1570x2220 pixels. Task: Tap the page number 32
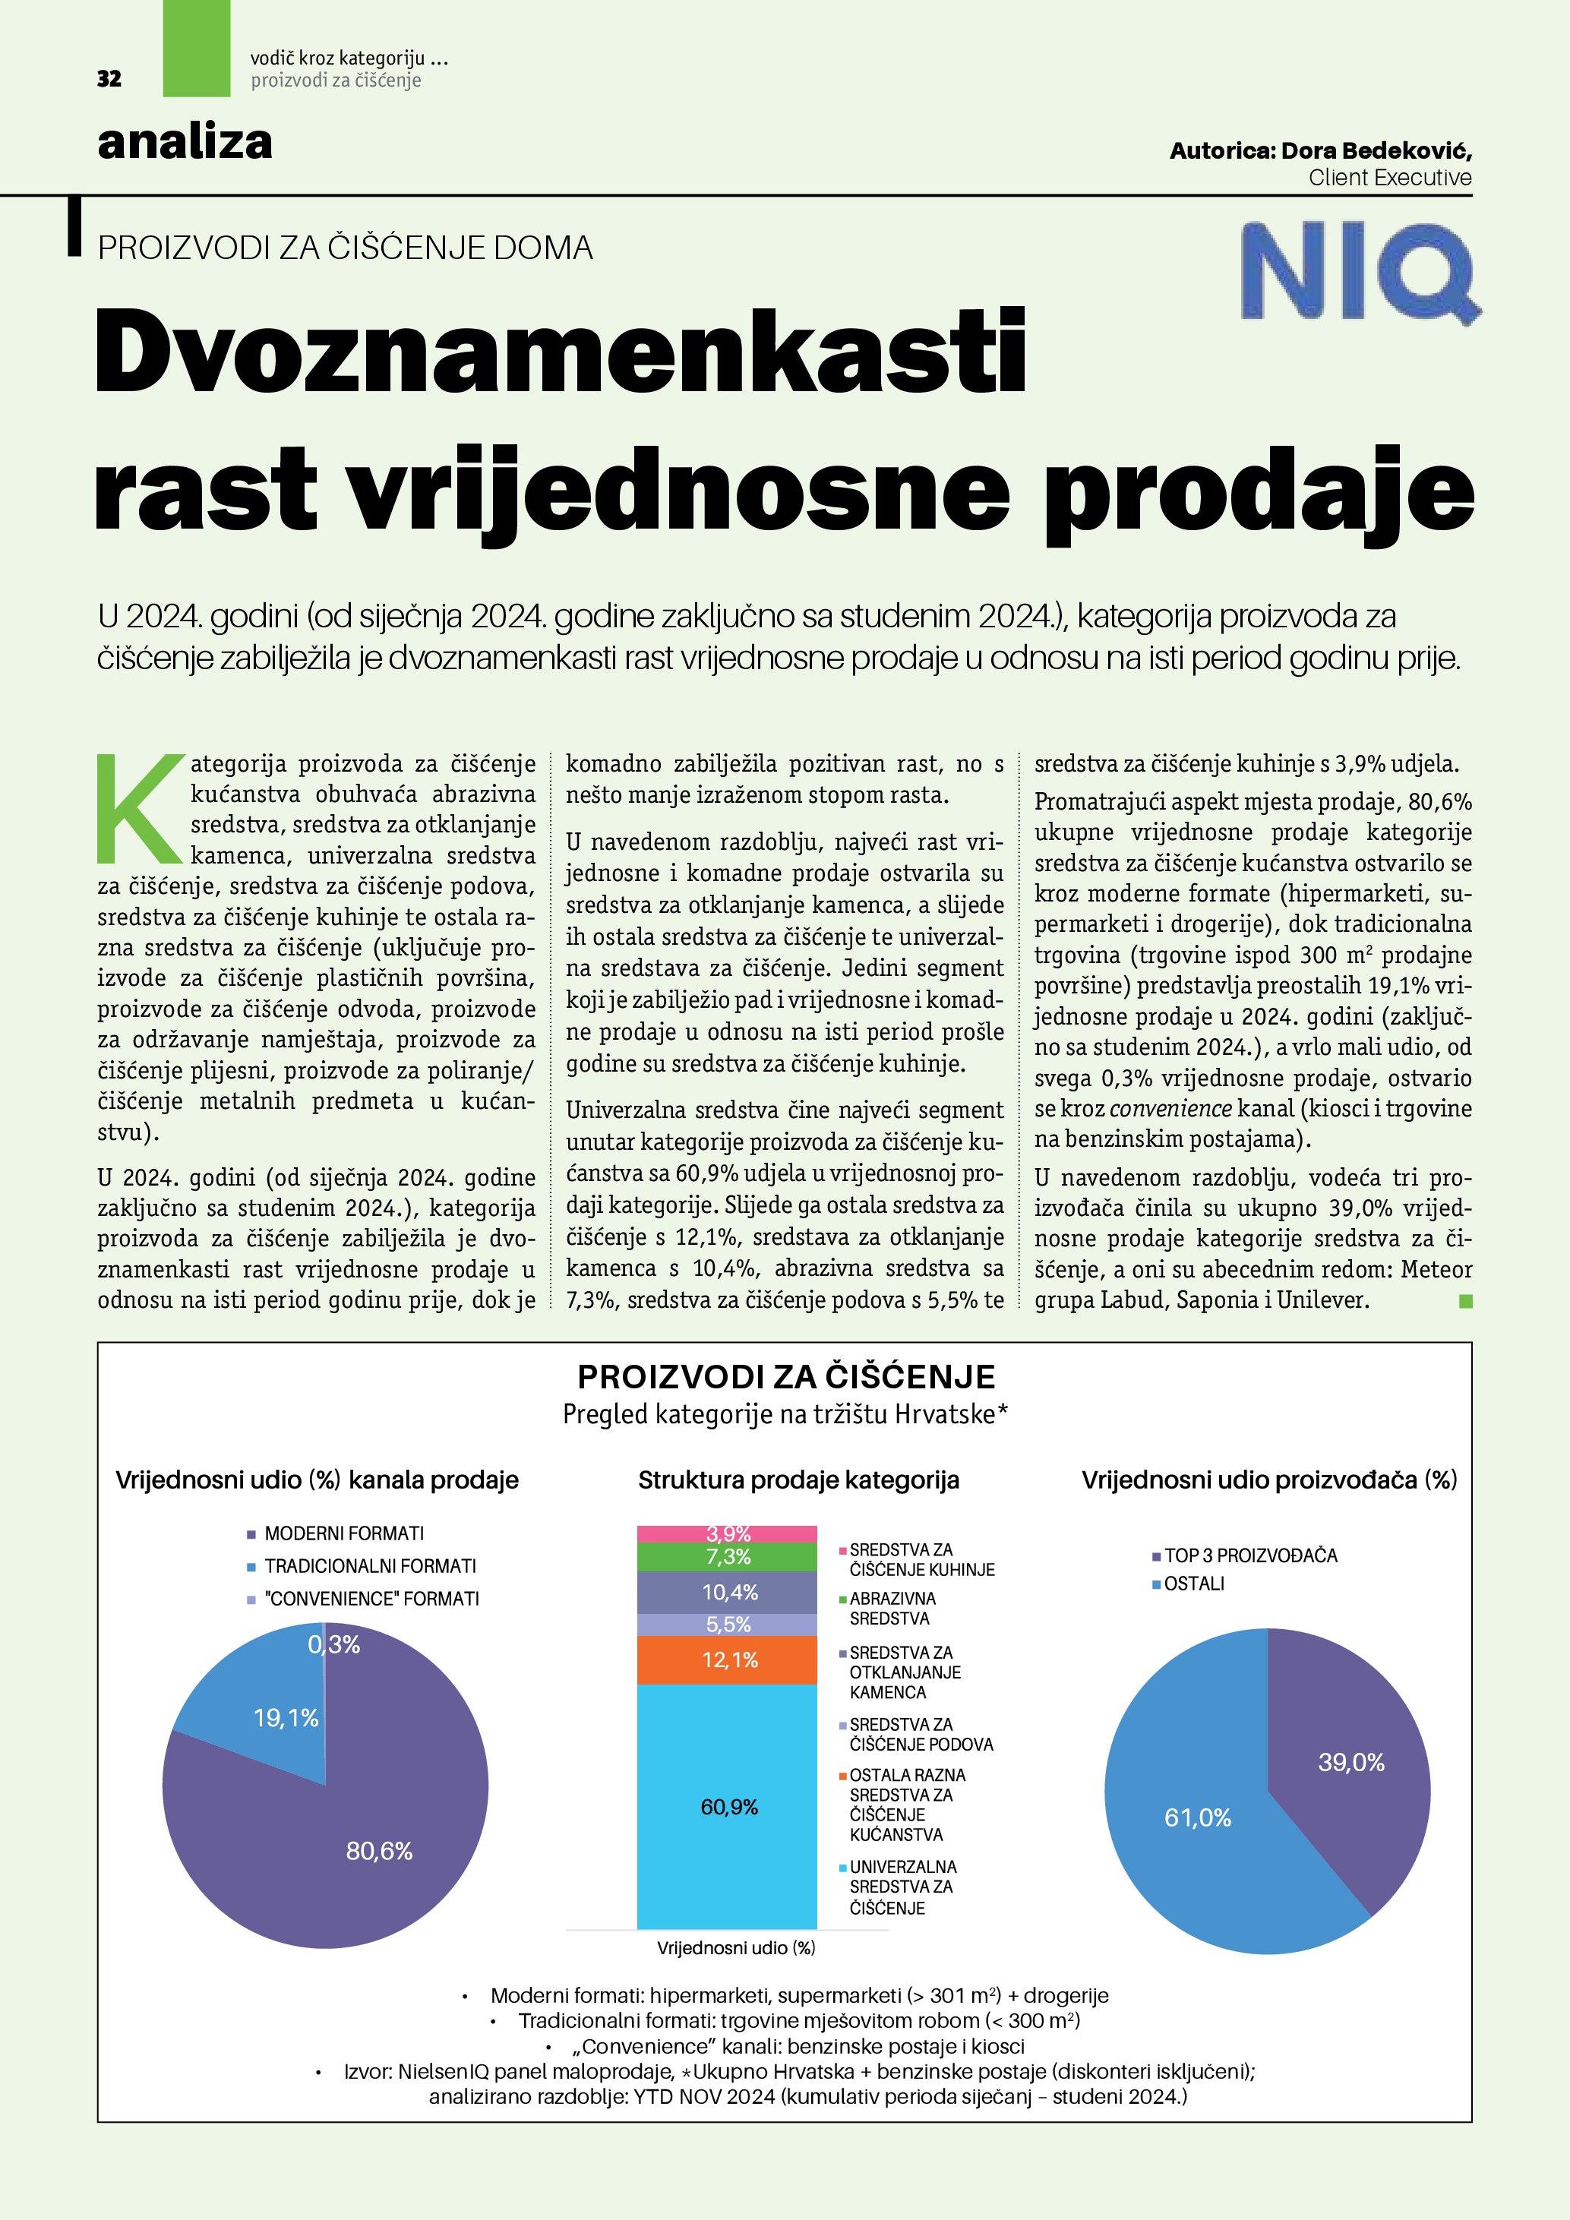click(109, 79)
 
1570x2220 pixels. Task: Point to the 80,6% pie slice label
click(379, 1851)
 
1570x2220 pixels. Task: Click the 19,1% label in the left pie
click(286, 1717)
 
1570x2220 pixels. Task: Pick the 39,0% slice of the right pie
click(1351, 1762)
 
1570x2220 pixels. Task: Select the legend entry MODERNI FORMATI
click(343, 1533)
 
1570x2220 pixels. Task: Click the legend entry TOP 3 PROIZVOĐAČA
click(1250, 1555)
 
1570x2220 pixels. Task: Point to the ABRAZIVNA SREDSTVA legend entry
click(892, 1608)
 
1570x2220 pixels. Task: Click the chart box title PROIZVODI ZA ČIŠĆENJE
click(785, 1377)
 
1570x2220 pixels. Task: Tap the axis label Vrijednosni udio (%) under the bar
click(736, 1948)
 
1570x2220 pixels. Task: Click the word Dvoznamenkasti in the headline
click(561, 350)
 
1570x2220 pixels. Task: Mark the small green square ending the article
click(1464, 1302)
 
